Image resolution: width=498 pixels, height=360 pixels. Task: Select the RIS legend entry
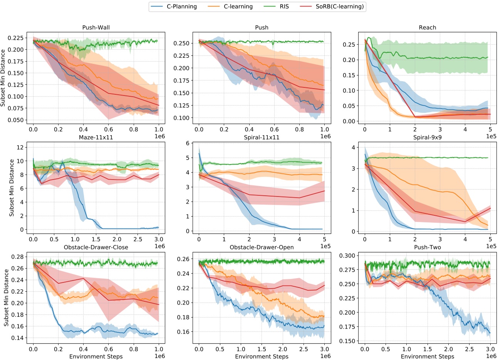point(284,7)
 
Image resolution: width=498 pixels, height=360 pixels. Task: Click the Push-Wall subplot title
point(96,27)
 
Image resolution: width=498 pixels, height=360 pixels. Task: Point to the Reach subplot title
point(428,27)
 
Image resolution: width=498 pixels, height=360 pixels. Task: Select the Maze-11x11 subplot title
point(96,137)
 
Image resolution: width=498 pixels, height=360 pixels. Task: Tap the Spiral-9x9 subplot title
point(428,137)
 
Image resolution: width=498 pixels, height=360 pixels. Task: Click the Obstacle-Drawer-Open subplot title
point(262,247)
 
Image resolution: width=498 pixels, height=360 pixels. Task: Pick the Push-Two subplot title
point(428,247)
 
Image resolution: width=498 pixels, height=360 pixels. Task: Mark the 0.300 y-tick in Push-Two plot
point(347,256)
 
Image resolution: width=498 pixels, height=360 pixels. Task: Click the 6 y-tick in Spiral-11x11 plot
point(188,143)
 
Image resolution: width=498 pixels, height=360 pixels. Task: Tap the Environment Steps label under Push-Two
point(428,357)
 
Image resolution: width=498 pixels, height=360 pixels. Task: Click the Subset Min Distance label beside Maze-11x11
point(12,188)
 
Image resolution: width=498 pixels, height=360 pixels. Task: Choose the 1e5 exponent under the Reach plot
point(491,136)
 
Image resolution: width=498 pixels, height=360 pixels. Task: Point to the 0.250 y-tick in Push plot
point(181,43)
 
